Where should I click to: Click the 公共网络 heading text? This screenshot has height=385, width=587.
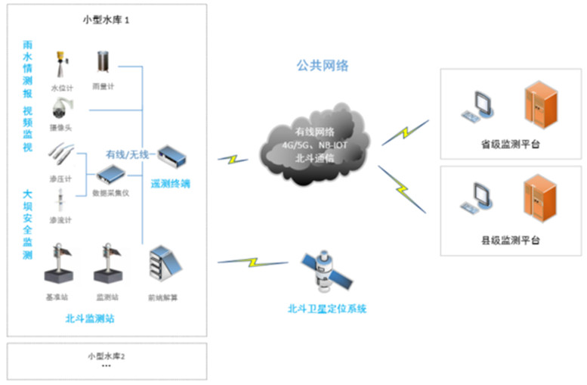322,66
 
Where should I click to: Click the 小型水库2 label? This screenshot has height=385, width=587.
107,356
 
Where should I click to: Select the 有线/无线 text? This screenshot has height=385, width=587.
128,155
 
